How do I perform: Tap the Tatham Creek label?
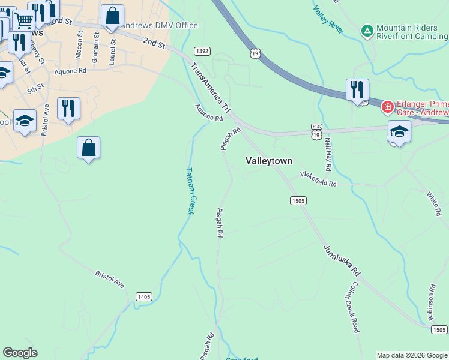191,191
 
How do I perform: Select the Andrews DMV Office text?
159,26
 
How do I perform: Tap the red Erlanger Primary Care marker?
388,107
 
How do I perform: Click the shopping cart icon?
23,20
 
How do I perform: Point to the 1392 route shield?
202,52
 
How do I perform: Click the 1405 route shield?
144,296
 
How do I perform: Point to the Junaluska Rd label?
340,259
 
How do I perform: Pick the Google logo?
20,353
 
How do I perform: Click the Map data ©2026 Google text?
412,355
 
